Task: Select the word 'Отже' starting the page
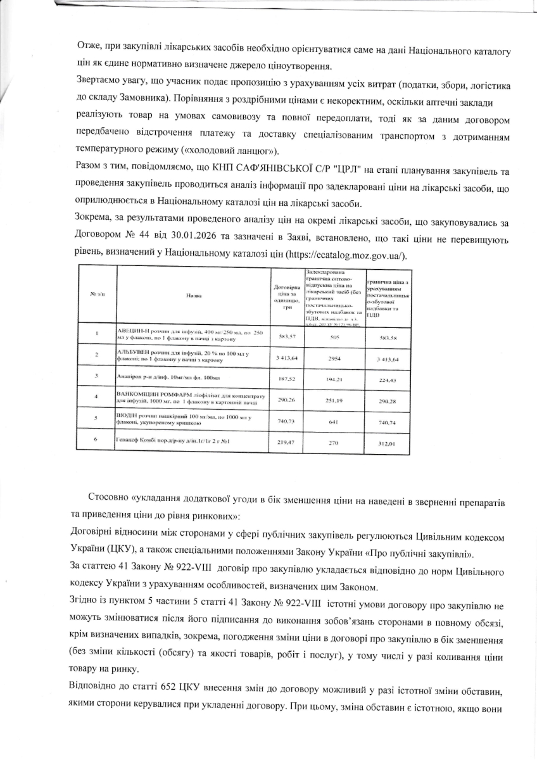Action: [87, 49]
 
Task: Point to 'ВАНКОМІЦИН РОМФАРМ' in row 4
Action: [149, 395]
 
